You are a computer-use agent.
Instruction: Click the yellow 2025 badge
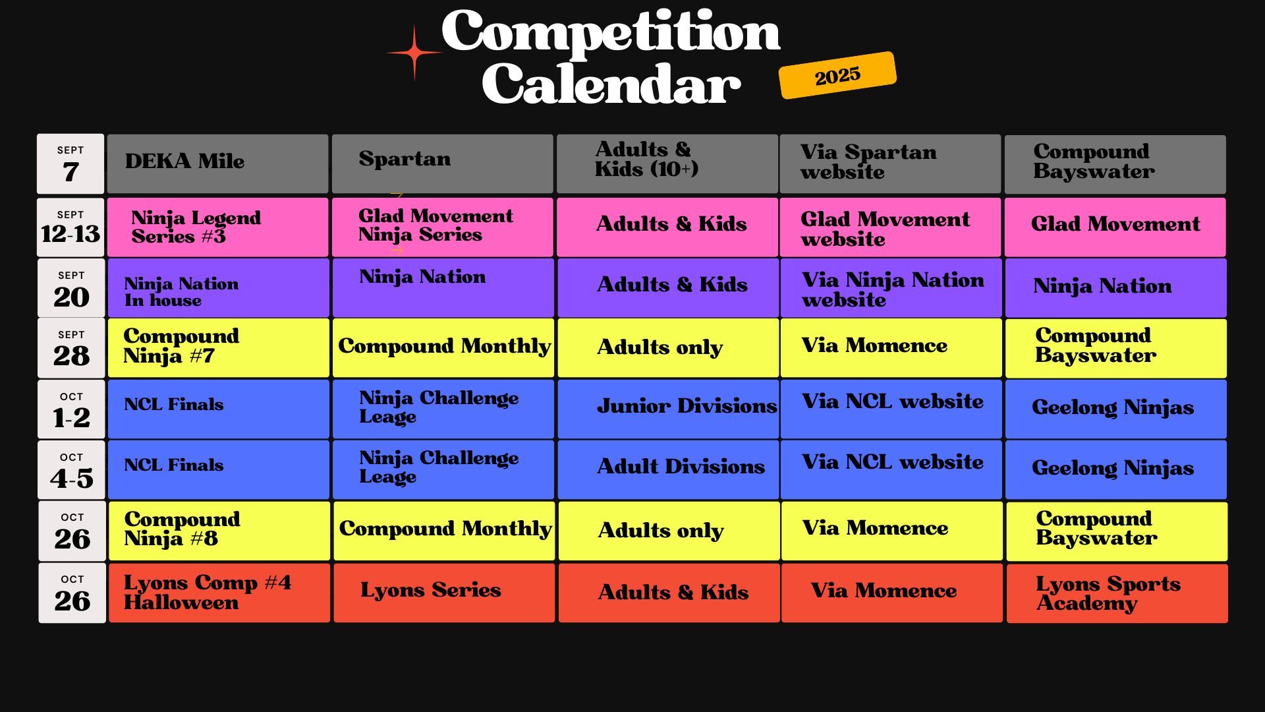coord(837,75)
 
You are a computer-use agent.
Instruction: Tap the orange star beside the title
coord(414,53)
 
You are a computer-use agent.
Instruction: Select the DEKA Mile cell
coord(217,163)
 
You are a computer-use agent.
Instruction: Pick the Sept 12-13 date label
coord(70,227)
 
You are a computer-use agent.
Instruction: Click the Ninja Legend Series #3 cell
coord(217,227)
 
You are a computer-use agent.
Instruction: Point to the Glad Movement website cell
coord(890,227)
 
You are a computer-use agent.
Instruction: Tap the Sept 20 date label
coord(71,288)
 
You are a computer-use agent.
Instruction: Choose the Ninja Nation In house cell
coord(218,288)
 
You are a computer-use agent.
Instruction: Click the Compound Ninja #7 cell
coord(218,348)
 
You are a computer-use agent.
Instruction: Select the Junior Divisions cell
coord(668,409)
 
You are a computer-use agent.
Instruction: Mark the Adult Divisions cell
coord(668,470)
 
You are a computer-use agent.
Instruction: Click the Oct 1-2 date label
coord(71,409)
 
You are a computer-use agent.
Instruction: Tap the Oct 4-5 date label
coord(71,470)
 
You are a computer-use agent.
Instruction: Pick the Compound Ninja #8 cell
coord(219,531)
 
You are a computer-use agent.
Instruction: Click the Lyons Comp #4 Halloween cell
coord(219,593)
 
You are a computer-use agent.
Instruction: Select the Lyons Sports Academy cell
coord(1117,593)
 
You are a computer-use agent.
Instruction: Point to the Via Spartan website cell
coord(890,163)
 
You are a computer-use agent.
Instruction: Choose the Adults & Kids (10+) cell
coord(667,163)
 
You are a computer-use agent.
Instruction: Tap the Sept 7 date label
coord(70,163)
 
